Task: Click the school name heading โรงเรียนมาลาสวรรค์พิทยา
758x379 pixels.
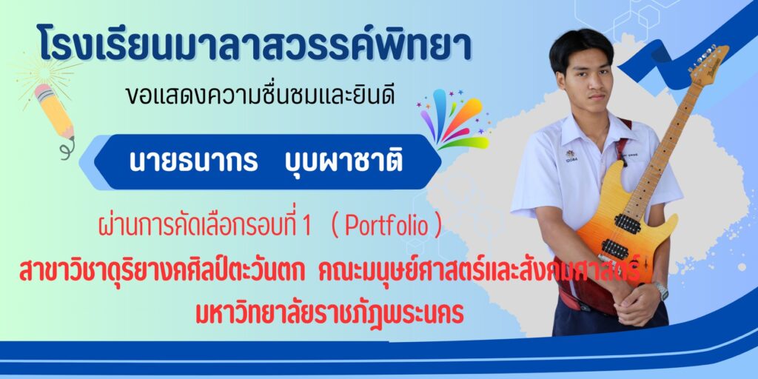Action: [x=253, y=44]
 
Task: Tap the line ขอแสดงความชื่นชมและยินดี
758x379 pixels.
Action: [x=260, y=96]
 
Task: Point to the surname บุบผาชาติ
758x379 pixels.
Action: [x=342, y=161]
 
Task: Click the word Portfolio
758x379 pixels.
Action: [x=386, y=227]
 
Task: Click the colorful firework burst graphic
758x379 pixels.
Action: [x=454, y=119]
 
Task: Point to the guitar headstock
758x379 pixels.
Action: [x=710, y=65]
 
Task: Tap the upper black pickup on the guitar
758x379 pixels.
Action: [x=628, y=224]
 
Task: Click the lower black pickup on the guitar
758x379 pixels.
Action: [x=615, y=249]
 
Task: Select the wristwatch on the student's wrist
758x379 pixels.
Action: [x=661, y=290]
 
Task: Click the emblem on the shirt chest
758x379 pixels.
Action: [x=571, y=155]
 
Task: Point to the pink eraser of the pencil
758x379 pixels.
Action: [x=43, y=91]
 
